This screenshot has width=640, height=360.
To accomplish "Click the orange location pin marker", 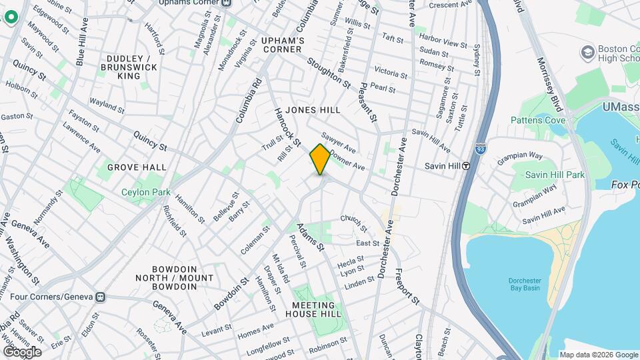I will click(x=320, y=159).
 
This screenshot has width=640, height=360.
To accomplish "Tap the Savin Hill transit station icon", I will click(x=467, y=166).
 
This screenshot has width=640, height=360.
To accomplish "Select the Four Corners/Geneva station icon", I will click(x=101, y=297).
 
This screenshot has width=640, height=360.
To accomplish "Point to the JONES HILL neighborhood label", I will click(x=313, y=110).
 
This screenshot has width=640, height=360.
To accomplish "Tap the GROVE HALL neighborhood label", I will click(x=137, y=167).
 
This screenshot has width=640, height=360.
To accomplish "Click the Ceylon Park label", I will click(x=145, y=192).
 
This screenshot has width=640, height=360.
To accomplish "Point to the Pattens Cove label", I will click(x=538, y=120).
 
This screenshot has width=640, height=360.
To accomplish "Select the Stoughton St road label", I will click(x=328, y=73).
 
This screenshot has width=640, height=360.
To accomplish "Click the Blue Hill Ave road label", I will click(x=82, y=41).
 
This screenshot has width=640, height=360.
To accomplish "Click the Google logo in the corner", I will click(x=22, y=352).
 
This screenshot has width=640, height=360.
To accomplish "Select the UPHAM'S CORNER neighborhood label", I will click(x=283, y=45).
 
